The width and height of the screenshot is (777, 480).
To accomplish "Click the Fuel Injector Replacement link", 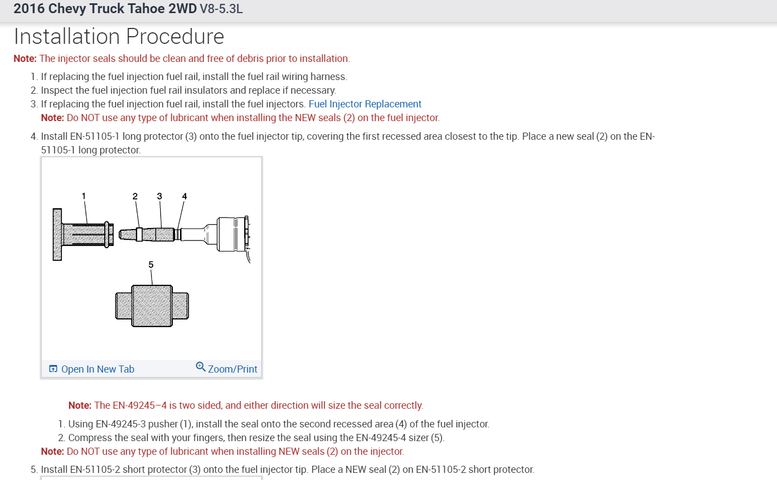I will pos(365,104).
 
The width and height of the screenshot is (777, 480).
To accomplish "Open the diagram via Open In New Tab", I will pos(97,369).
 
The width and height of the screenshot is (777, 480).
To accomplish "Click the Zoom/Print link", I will pos(232,369).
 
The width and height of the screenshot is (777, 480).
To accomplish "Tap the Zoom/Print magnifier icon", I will pos(201,367).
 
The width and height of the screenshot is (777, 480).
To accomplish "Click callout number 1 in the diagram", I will pos(83,196).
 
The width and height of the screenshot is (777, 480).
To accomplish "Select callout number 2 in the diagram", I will pos(135,196).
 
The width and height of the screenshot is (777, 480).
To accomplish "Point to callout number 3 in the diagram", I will pos(160,196).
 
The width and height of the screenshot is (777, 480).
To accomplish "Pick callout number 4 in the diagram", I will pos(184,196).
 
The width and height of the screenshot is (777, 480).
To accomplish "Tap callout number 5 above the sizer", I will pos(151,265).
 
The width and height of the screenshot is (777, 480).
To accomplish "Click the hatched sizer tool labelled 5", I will pos(152,306).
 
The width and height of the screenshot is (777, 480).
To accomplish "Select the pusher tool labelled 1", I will pos(82,234).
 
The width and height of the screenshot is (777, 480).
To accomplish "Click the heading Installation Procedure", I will pos(119,37).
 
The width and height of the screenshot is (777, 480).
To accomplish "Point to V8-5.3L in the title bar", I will pos(221,9).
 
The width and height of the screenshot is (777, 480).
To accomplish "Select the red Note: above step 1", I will pos(25,59).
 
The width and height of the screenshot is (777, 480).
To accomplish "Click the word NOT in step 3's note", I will pos(90,118).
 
